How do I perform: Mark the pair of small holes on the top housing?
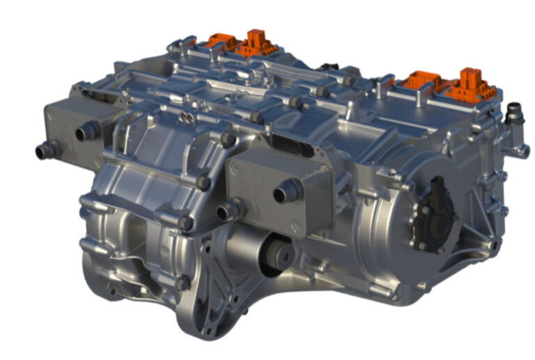coord(187,117)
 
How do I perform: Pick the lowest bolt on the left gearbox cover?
coord(183,283)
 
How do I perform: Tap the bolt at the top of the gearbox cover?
coord(227,139)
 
